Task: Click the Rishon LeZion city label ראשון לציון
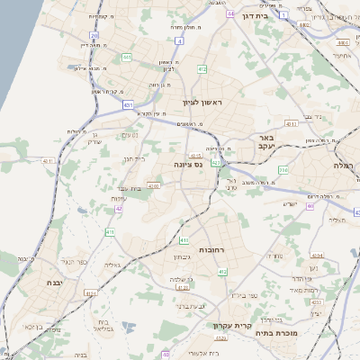point(201,103)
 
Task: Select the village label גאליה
point(113,266)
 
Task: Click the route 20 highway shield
point(94,36)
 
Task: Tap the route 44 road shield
point(231,13)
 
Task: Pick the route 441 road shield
point(127,58)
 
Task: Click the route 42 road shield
point(118,209)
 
